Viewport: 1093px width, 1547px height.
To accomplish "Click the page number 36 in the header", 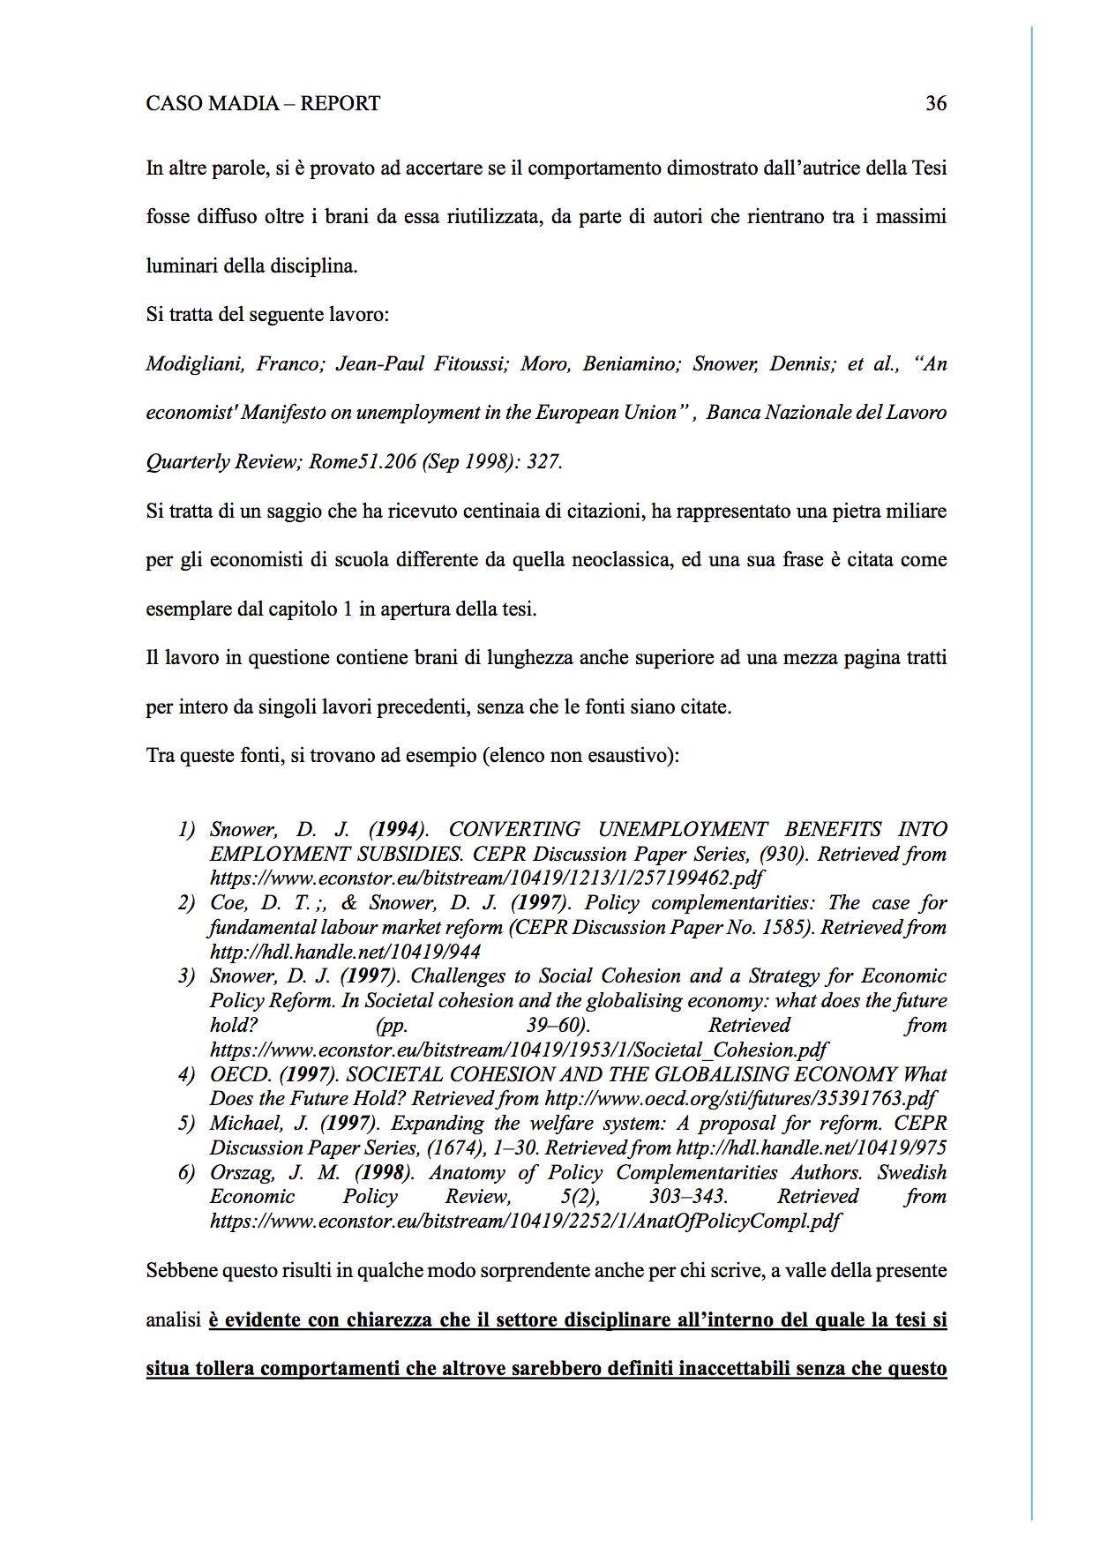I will pos(936,104).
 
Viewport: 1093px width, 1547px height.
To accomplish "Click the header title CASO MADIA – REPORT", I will pos(263,104).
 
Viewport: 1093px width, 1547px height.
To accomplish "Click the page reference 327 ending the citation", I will pos(543,462).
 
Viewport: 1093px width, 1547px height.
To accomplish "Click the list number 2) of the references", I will pos(185,903).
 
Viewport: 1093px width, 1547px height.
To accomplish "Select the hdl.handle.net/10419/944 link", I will pos(345,952).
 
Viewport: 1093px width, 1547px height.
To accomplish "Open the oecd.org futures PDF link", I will pos(740,1099).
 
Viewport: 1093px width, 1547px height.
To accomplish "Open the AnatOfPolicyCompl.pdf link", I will pos(525,1222).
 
